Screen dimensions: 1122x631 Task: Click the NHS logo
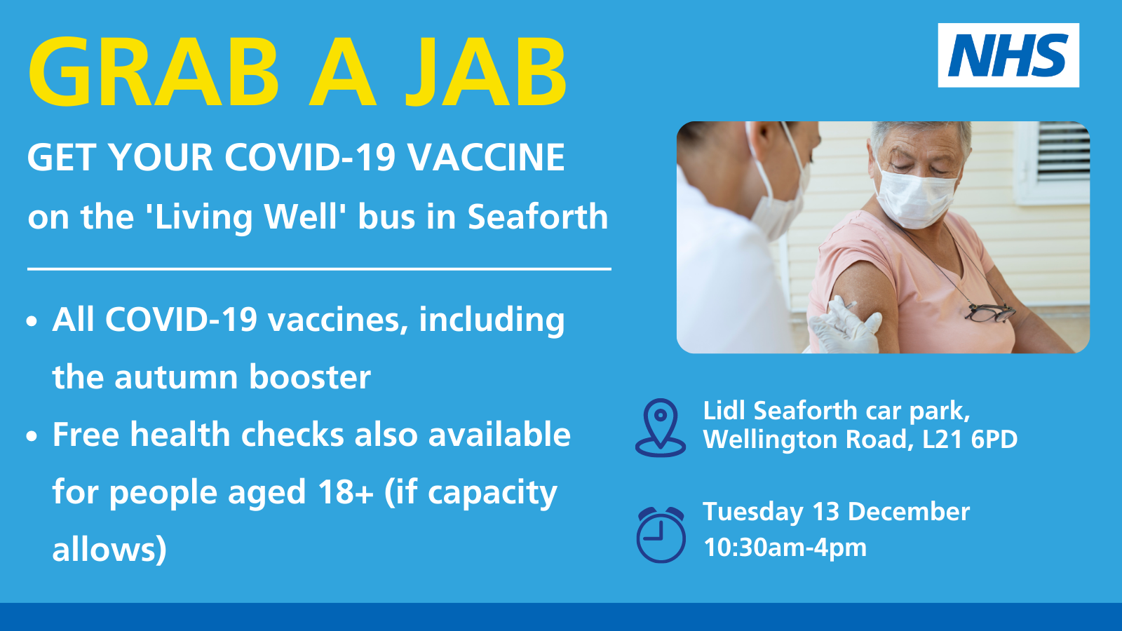[x=1008, y=55]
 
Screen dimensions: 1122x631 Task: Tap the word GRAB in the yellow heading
[x=154, y=72]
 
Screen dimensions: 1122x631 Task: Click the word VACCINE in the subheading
[x=485, y=157]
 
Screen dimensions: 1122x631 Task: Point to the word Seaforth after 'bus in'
[x=537, y=217]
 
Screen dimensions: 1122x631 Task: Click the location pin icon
[x=660, y=428]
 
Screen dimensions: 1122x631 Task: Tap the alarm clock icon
[x=661, y=535]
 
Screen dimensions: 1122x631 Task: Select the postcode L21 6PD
[x=970, y=439]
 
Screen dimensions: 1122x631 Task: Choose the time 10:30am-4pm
[x=785, y=547]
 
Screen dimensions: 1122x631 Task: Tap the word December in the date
[x=909, y=511]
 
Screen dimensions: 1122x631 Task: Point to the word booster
[x=310, y=376]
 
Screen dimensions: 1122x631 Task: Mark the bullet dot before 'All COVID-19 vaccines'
[x=32, y=322]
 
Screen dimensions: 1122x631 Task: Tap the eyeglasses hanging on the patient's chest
[x=990, y=313]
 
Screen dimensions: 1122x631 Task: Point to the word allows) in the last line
[x=109, y=549]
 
